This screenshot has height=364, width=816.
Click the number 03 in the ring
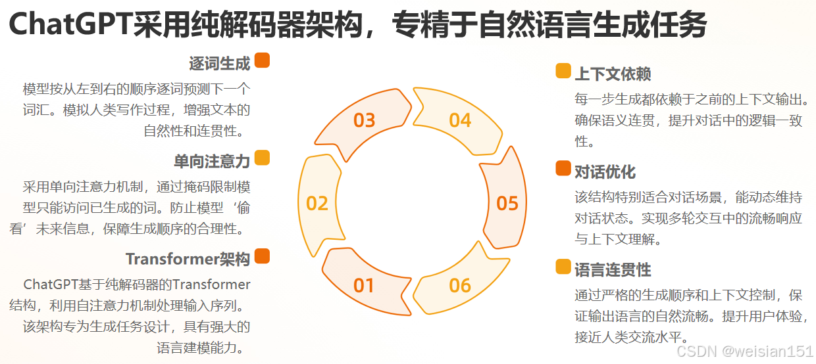point(364,120)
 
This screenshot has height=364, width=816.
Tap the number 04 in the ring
point(460,120)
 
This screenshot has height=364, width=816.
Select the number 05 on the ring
point(507,203)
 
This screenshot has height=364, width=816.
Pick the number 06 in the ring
point(460,286)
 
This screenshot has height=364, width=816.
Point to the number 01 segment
point(364,286)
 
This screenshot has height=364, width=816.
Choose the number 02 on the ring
point(317,203)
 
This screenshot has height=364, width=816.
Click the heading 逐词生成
point(220,64)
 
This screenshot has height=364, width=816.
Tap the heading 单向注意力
point(212,161)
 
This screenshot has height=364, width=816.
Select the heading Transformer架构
point(188,259)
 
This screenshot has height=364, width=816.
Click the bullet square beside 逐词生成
point(262,60)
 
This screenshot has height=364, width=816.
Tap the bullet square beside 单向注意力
point(262,158)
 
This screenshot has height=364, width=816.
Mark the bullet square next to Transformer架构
point(262,256)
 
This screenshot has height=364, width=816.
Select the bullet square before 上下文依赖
point(563,71)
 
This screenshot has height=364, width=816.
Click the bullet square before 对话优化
point(563,168)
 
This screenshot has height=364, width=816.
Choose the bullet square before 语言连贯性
point(563,266)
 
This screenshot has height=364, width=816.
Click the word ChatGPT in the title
point(70,26)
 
